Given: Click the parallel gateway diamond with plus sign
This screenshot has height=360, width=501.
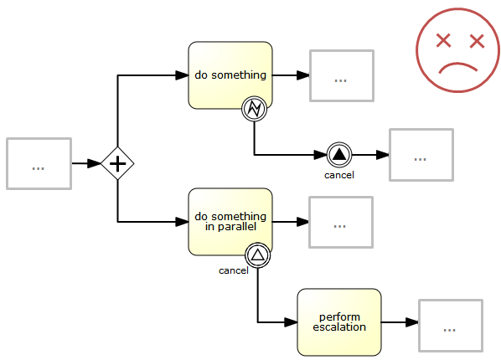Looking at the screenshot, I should pos(117,162).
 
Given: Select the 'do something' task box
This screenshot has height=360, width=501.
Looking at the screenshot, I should pos(230,75).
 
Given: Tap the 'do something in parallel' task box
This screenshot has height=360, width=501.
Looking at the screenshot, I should pos(230,222).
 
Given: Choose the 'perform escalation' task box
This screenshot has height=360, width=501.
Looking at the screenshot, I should pos(339,322).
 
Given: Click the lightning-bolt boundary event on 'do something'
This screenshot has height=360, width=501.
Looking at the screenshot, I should pos(254,108).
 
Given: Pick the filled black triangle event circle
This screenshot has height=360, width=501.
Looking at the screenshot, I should pos(338,155).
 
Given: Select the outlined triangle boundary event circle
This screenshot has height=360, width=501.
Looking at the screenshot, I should pos(258,255).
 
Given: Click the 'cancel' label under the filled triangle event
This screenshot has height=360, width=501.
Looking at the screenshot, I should pos(339,175).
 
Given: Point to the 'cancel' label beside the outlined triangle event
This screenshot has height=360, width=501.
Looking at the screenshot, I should pos(233,270).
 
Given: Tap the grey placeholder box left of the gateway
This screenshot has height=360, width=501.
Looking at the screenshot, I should pos(38,163).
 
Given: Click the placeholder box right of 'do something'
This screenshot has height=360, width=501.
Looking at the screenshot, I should pos(341,76).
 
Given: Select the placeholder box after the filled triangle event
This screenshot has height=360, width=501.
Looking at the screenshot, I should pos(421,155).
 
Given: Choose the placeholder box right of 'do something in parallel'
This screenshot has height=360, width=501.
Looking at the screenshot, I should pos(340,222).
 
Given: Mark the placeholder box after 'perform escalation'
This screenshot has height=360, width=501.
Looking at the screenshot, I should pos(450,326).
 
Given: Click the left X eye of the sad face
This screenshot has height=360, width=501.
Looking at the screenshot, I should pos(444,40).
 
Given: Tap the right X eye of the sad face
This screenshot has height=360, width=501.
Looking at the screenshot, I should pos(477,40).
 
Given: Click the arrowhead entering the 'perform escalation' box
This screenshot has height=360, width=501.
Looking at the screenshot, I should pos(292,322).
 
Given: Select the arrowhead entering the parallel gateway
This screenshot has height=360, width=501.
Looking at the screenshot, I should pos(95,162).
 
